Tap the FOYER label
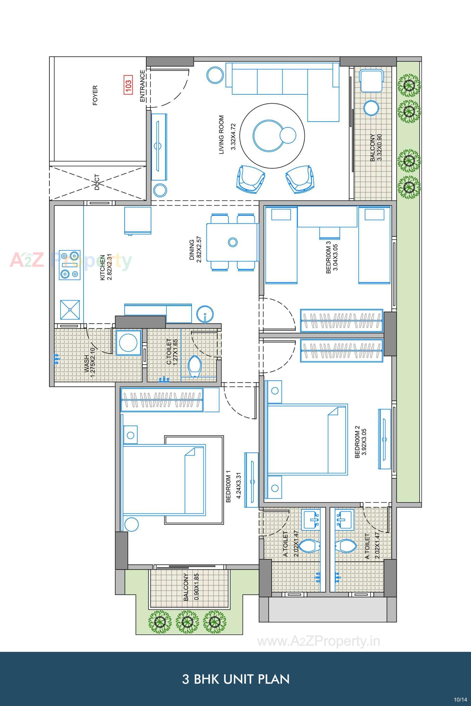pyautogui.click(x=95, y=95)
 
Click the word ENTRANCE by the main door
pyautogui.click(x=142, y=86)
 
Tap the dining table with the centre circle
pyautogui.click(x=232, y=242)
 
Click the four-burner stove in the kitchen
pyautogui.click(x=70, y=265)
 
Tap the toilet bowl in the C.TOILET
pyautogui.click(x=194, y=366)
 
